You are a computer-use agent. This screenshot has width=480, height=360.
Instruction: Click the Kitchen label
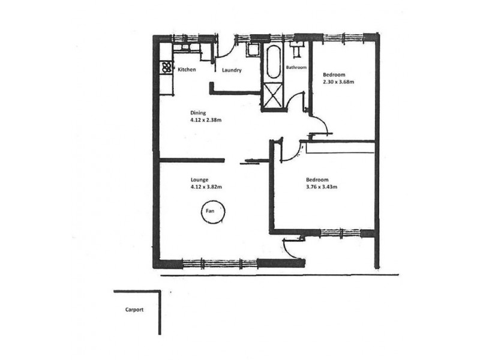point(187,70)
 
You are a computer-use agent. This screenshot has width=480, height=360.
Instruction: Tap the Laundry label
point(232,70)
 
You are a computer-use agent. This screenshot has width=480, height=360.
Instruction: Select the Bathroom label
point(296,67)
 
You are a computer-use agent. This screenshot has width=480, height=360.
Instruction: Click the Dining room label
point(198,113)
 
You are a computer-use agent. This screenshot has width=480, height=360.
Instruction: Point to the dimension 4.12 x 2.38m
point(206,120)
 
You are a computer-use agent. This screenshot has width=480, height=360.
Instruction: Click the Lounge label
point(200,179)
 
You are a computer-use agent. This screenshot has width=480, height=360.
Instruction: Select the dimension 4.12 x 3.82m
point(206,187)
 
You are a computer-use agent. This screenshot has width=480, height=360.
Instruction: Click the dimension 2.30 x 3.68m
point(338,82)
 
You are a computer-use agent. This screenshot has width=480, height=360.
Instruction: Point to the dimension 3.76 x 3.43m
point(322,187)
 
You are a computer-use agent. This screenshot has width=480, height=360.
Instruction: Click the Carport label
point(134,310)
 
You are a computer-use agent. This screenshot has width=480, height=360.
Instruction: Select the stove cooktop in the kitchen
point(166,67)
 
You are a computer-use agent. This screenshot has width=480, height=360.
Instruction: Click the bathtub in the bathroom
point(274,62)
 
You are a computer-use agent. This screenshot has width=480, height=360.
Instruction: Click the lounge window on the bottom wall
point(220,263)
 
